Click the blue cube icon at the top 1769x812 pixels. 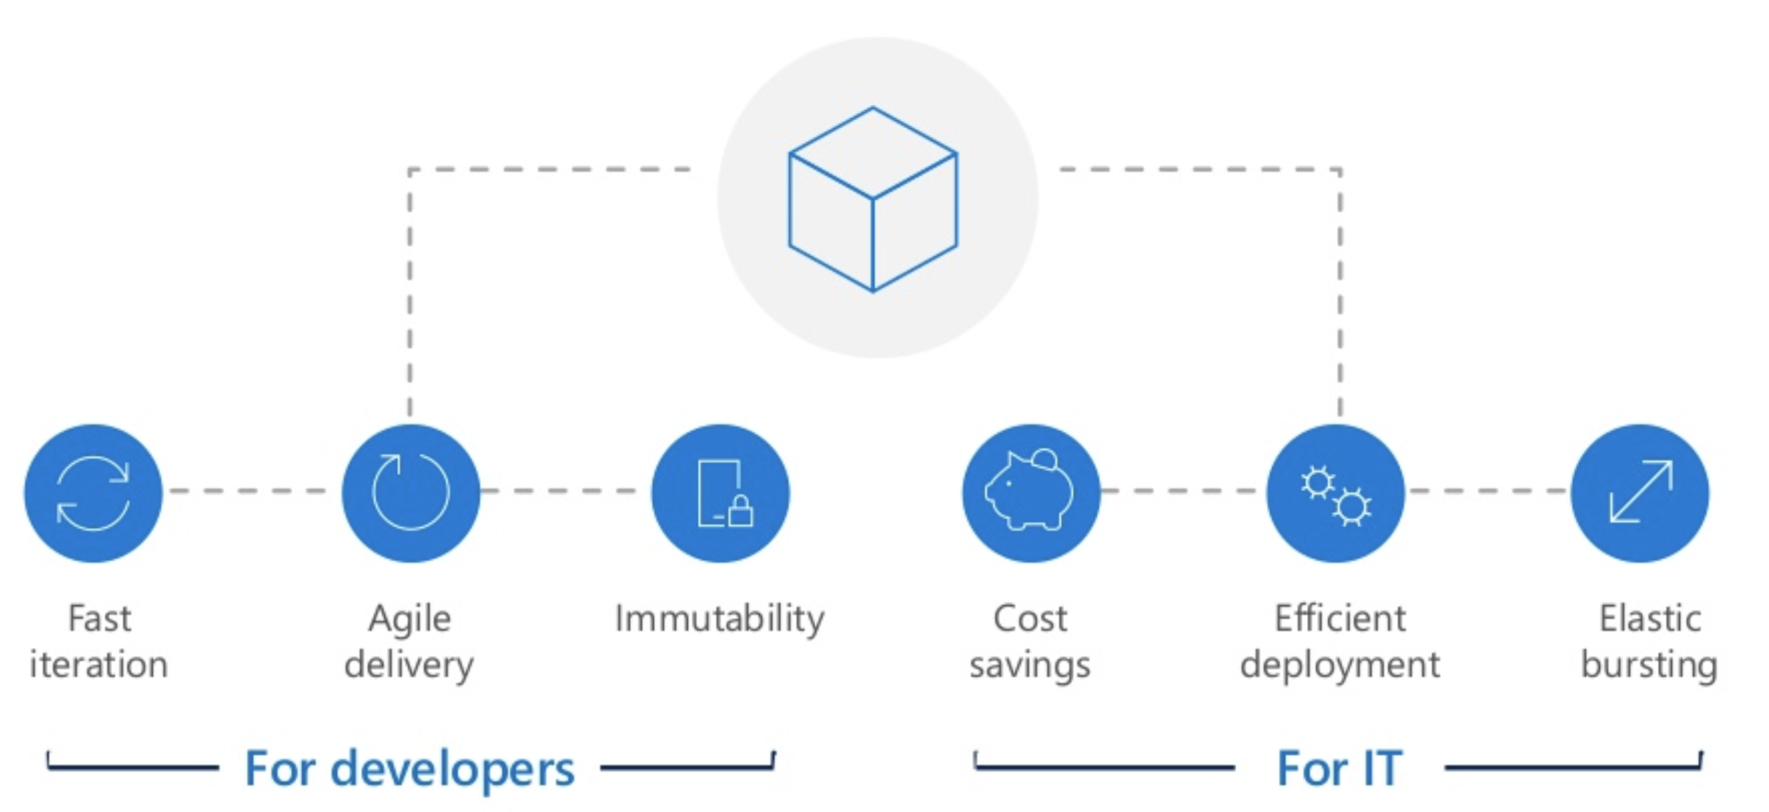point(873,199)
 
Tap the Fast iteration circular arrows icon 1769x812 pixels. point(93,493)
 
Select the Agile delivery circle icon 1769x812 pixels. point(410,493)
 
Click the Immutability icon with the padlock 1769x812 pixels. point(720,493)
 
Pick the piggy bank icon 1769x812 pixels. point(1030,493)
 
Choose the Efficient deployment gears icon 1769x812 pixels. point(1335,493)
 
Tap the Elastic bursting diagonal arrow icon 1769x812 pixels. point(1640,493)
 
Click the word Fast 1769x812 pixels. point(100,619)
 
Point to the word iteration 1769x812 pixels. point(99,665)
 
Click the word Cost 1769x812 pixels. point(1030,619)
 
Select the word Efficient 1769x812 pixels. point(1340,619)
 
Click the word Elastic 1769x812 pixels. point(1650,619)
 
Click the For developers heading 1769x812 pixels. point(410,769)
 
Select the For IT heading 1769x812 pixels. point(1339,769)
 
